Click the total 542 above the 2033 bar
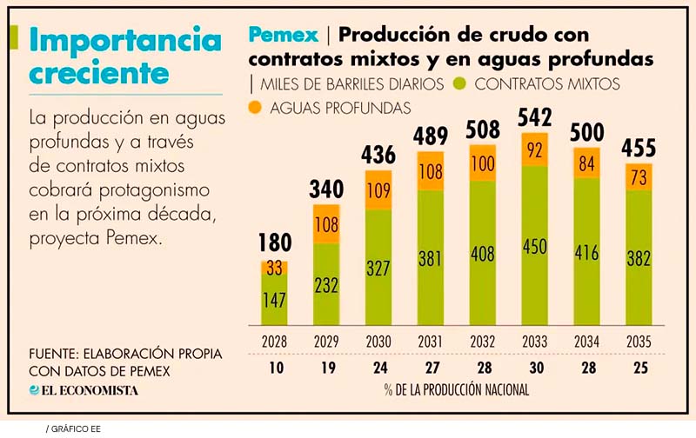[533, 117]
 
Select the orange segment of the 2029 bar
[326, 223]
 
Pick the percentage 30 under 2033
[533, 367]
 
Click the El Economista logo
[84, 390]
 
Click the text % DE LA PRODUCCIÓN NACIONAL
[456, 389]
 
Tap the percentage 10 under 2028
[275, 367]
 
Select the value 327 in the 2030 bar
[378, 268]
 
